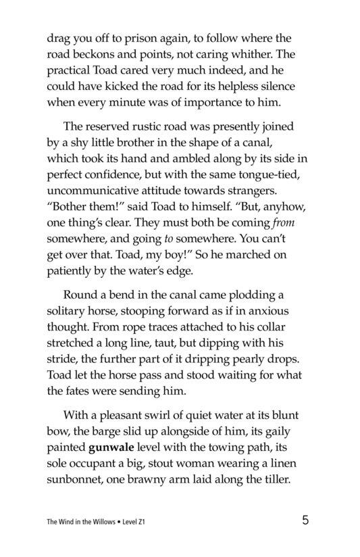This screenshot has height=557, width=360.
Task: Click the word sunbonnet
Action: pos(78,478)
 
